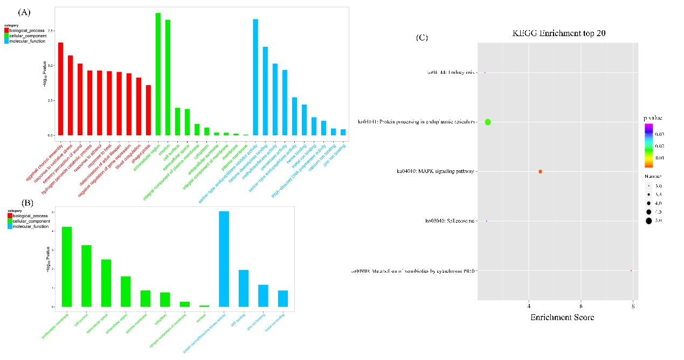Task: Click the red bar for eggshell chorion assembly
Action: (60, 89)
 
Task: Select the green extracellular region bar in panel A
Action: (158, 74)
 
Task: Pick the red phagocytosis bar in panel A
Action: (148, 110)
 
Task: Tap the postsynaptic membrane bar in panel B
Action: (67, 267)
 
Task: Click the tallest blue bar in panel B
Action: (224, 259)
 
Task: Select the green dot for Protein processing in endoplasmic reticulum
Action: (488, 122)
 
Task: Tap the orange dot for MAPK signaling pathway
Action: (540, 171)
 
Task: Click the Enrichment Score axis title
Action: (562, 317)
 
